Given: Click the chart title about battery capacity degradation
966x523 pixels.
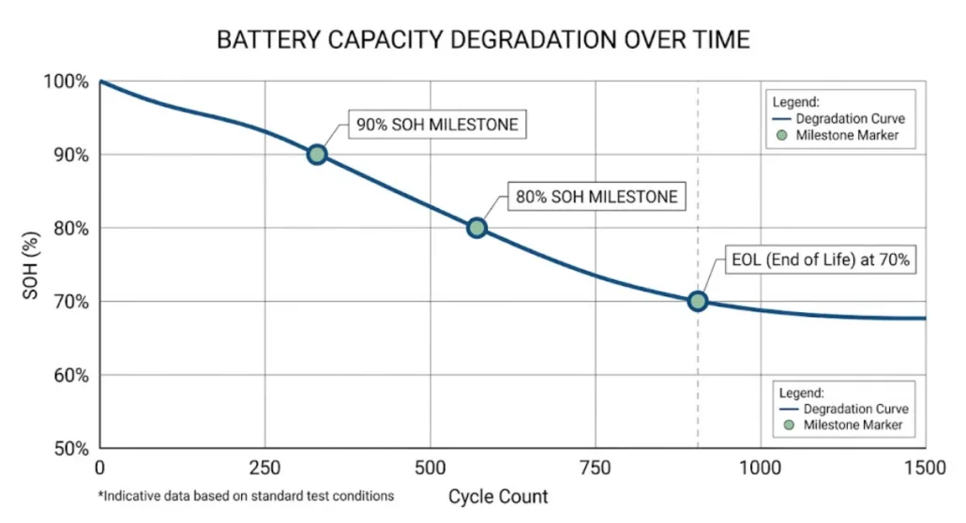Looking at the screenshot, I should coord(483,40).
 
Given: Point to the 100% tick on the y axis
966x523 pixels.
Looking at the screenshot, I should coord(67,82).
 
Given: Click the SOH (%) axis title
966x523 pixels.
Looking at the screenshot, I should coord(31,264).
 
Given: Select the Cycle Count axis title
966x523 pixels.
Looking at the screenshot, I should coord(497,496).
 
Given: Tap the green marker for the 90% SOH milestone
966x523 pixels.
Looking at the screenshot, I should coord(317,155).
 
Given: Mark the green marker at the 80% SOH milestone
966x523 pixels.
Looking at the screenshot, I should coord(476,228).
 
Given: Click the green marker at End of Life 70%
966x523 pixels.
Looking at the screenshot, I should coord(698,301).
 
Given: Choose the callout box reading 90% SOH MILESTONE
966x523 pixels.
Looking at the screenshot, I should coord(437,125).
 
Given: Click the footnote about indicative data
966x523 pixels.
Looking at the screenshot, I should coord(246,495).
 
